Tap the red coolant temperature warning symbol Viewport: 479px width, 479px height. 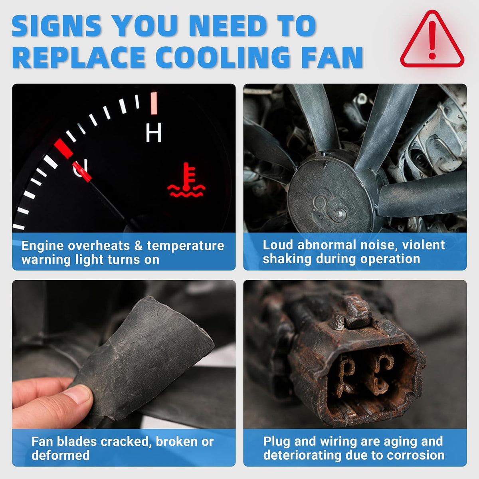(186, 180)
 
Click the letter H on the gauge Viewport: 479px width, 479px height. (153, 133)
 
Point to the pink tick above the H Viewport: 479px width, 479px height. (154, 103)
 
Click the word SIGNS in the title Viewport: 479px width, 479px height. (57, 26)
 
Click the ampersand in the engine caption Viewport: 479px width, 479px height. (138, 246)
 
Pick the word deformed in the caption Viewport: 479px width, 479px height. (60, 455)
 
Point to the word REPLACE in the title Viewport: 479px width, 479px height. (79, 57)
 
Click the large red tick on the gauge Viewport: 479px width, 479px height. (63, 148)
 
